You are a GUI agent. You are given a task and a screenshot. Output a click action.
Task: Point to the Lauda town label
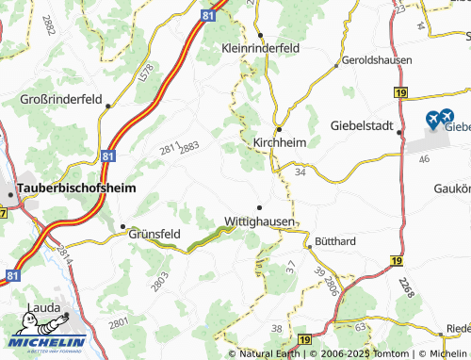click(46, 307)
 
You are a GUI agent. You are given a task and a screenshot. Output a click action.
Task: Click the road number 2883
click(189, 145)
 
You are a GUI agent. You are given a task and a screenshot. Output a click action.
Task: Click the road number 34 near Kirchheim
click(300, 172)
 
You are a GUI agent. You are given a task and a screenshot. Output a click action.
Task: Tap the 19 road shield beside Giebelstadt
click(400, 92)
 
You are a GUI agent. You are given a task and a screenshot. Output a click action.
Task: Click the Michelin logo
click(45, 340)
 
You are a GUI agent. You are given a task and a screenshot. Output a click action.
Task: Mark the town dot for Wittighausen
click(260, 206)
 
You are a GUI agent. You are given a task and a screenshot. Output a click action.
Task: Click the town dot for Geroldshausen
click(337, 66)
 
